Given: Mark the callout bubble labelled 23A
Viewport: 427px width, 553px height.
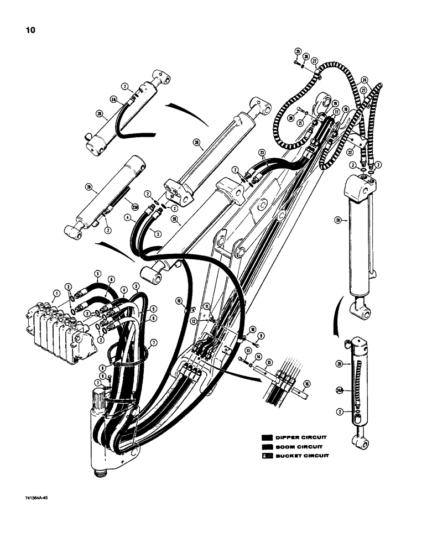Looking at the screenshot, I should pos(134,207).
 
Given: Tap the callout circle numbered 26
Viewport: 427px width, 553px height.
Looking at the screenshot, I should pos(305,56).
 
